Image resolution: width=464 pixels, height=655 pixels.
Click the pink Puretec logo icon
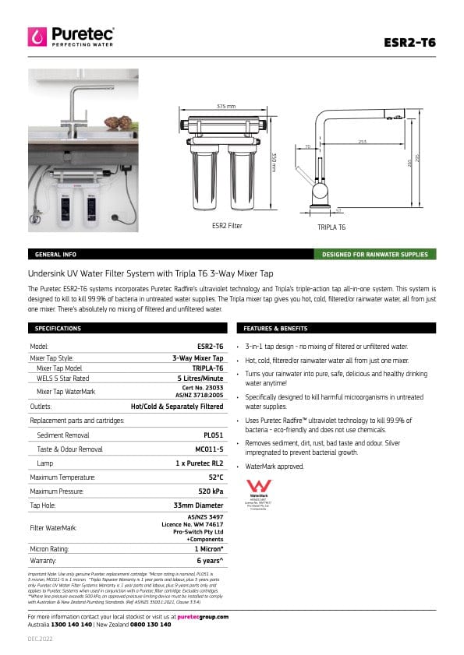pyautogui.click(x=37, y=37)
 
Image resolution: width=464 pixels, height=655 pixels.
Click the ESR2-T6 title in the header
pyautogui.click(x=410, y=42)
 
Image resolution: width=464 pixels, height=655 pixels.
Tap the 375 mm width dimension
pyautogui.click(x=225, y=106)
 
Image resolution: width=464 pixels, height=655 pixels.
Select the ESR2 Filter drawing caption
pyautogui.click(x=227, y=226)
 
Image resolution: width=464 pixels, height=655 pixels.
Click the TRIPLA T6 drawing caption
pyautogui.click(x=331, y=227)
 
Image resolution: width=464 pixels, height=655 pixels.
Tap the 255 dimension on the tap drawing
pyautogui.click(x=363, y=142)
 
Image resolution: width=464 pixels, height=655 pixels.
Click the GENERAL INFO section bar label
pyautogui.click(x=55, y=255)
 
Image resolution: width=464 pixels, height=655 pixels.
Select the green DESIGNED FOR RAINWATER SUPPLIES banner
pyautogui.click(x=375, y=255)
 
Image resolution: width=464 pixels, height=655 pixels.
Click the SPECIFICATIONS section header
pyautogui.click(x=58, y=329)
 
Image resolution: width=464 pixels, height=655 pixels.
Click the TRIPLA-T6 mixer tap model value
pyautogui.click(x=207, y=368)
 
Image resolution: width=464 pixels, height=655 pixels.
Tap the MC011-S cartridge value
pyautogui.click(x=209, y=449)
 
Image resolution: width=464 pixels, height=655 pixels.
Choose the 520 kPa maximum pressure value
pyautogui.click(x=211, y=491)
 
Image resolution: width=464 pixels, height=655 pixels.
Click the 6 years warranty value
pyautogui.click(x=210, y=560)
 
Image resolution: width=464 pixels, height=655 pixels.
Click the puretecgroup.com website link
pyautogui.click(x=203, y=616)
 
